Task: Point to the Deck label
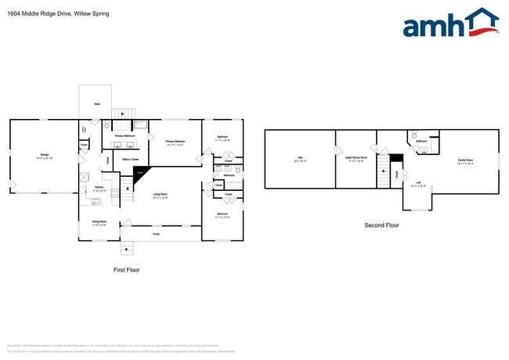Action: pyautogui.click(x=97, y=103)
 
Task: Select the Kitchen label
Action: pyautogui.click(x=99, y=188)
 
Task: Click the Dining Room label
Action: pyautogui.click(x=99, y=223)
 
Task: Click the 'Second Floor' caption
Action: pyautogui.click(x=381, y=225)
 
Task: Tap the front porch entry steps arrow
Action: pyautogui.click(x=125, y=250)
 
